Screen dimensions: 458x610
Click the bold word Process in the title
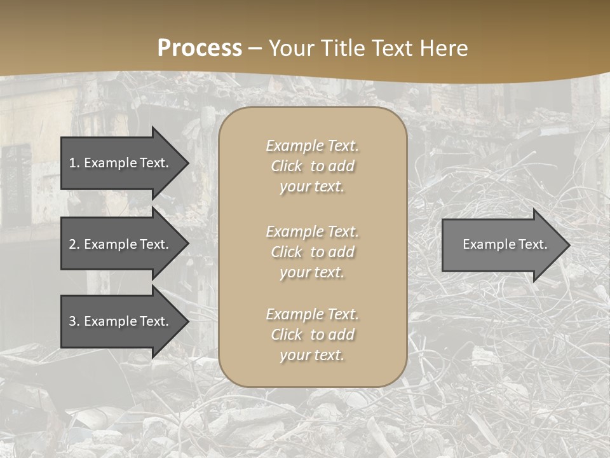pyautogui.click(x=200, y=48)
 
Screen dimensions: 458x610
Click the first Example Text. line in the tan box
pyautogui.click(x=312, y=146)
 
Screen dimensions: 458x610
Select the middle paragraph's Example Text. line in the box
pyautogui.click(x=312, y=232)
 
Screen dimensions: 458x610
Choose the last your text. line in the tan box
pyautogui.click(x=312, y=355)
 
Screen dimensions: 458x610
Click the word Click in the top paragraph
pyautogui.click(x=286, y=166)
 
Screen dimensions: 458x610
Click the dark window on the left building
pyautogui.click(x=16, y=184)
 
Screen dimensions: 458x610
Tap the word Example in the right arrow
pyautogui.click(x=484, y=244)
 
